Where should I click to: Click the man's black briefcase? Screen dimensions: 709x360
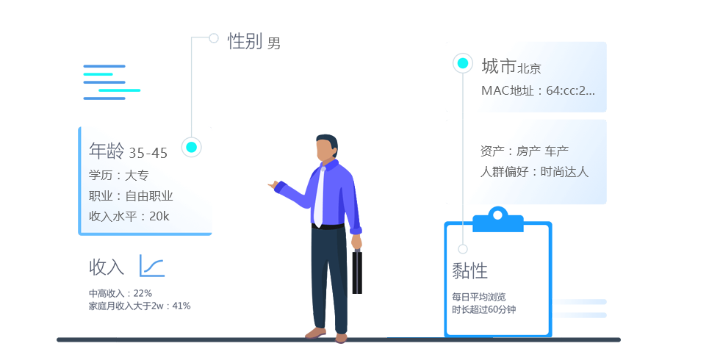tap(357, 271)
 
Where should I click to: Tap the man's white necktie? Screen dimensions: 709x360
tap(320, 197)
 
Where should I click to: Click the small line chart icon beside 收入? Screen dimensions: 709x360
tap(152, 265)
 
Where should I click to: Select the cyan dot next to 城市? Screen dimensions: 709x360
tap(463, 63)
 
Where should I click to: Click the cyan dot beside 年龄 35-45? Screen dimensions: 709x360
tap(191, 147)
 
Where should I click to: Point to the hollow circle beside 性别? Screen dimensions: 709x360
tap(214, 38)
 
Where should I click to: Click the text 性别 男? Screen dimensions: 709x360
tap(254, 41)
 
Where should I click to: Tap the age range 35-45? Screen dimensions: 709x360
tap(148, 154)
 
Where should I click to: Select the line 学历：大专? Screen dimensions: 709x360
tap(119, 175)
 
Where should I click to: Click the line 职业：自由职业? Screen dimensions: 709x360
tap(131, 196)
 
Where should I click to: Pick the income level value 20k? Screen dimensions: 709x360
tap(159, 216)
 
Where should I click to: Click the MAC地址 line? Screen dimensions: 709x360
tap(538, 90)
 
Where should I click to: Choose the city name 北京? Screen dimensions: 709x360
tap(530, 68)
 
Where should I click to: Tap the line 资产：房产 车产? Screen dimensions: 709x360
tap(525, 151)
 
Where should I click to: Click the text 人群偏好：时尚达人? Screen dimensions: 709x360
tap(534, 171)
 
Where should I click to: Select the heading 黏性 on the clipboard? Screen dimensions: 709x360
tap(469, 271)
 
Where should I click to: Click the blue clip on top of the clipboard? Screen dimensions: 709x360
tap(498, 220)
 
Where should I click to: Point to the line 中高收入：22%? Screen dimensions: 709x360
tap(120, 294)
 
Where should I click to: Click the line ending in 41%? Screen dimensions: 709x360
tap(140, 306)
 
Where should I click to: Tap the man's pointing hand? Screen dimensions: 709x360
tap(273, 184)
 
